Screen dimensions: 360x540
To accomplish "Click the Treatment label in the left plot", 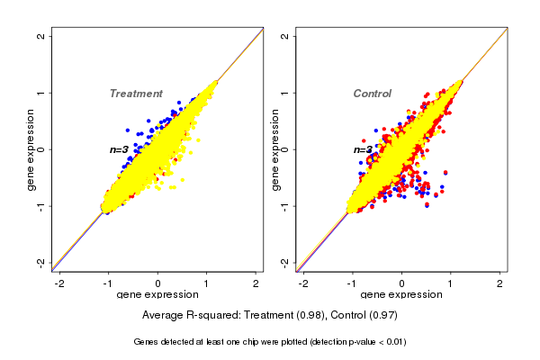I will tap(136, 94).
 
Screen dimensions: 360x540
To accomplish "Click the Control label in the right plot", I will tap(372, 94).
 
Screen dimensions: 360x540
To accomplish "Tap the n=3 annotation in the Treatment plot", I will tap(120, 149).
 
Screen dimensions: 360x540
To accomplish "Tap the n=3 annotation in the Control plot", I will tap(363, 149).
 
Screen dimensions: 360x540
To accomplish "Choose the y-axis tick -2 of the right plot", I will tap(285, 262).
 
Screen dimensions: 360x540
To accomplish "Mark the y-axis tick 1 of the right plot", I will tap(285, 93).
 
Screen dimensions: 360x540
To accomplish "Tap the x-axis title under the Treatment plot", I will tap(157, 295).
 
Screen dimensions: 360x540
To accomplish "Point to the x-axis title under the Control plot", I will tap(401, 295).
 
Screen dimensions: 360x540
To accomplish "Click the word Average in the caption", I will tap(164, 316).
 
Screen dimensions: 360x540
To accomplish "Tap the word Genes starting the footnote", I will tap(148, 342).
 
